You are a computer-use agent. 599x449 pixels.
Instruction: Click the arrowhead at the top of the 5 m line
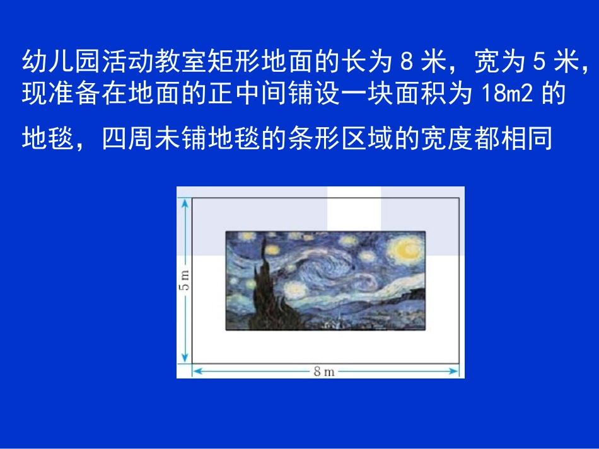[185, 203]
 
